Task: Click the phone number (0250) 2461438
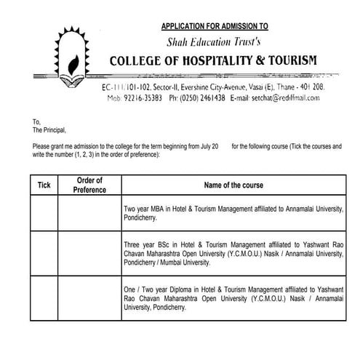[x=201, y=97]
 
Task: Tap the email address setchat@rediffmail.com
[x=290, y=97]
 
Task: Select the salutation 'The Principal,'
[x=49, y=130]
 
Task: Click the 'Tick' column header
[x=44, y=185]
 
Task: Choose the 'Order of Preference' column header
[x=89, y=185]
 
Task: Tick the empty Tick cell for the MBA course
[x=44, y=212]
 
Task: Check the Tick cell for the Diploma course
[x=44, y=298]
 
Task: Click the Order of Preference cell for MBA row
[x=89, y=212]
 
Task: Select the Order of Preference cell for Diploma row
[x=89, y=298]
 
